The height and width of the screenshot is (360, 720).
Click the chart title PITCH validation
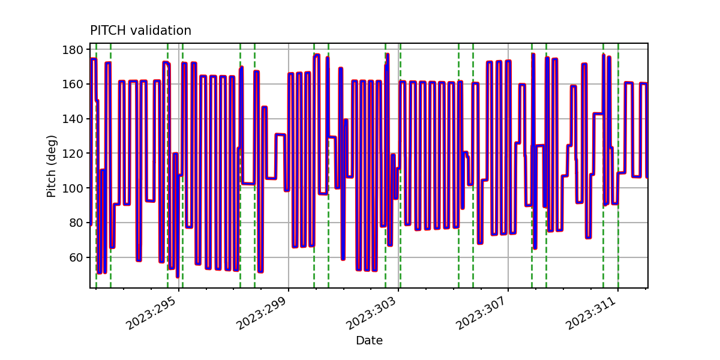(x=140, y=31)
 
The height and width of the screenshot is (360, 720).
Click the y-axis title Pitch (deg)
(x=52, y=166)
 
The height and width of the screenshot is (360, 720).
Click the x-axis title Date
(x=369, y=340)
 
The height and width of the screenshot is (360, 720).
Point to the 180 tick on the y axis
(x=73, y=50)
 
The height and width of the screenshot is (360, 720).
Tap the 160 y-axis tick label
(x=73, y=84)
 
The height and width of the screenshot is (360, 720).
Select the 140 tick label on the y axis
(x=73, y=119)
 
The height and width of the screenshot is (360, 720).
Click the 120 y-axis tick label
(x=73, y=154)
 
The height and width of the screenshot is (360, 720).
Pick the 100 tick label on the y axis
(x=73, y=188)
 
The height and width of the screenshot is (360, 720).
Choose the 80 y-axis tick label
(x=76, y=223)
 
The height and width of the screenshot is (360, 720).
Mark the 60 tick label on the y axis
(x=76, y=257)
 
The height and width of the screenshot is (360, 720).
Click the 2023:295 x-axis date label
(x=151, y=313)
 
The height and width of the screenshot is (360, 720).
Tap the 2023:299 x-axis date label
(x=261, y=313)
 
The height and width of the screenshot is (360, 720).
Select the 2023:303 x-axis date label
(x=371, y=313)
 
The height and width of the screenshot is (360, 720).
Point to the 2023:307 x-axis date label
(x=481, y=313)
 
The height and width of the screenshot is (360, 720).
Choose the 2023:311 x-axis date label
(x=591, y=313)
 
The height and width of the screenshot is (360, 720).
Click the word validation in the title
(x=161, y=31)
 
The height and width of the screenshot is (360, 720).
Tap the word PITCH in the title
(x=108, y=31)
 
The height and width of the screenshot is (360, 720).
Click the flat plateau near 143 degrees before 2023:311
(x=598, y=113)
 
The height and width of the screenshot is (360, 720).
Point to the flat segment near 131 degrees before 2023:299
(x=280, y=134)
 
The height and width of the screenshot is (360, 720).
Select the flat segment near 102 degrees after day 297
(x=248, y=184)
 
